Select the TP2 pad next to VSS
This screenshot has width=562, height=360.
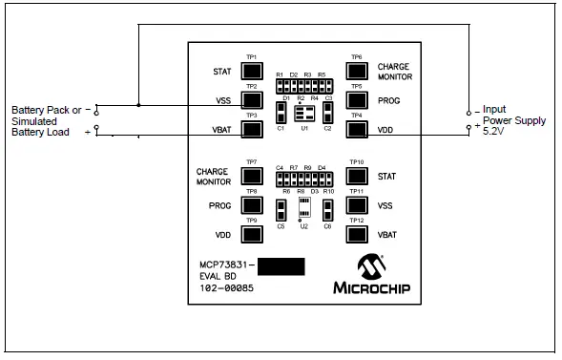click(251, 98)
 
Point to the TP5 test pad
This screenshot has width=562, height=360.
click(357, 98)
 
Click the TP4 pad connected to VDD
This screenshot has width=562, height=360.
click(357, 128)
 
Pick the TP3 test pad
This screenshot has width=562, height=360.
click(251, 128)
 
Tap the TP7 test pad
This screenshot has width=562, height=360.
click(251, 175)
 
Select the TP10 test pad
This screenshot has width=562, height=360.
click(357, 175)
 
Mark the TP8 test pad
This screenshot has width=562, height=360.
click(251, 204)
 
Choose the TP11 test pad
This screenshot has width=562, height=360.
click(357, 204)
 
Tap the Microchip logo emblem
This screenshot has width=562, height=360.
click(369, 265)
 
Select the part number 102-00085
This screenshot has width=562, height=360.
click(226, 287)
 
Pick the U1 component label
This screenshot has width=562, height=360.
click(303, 128)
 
